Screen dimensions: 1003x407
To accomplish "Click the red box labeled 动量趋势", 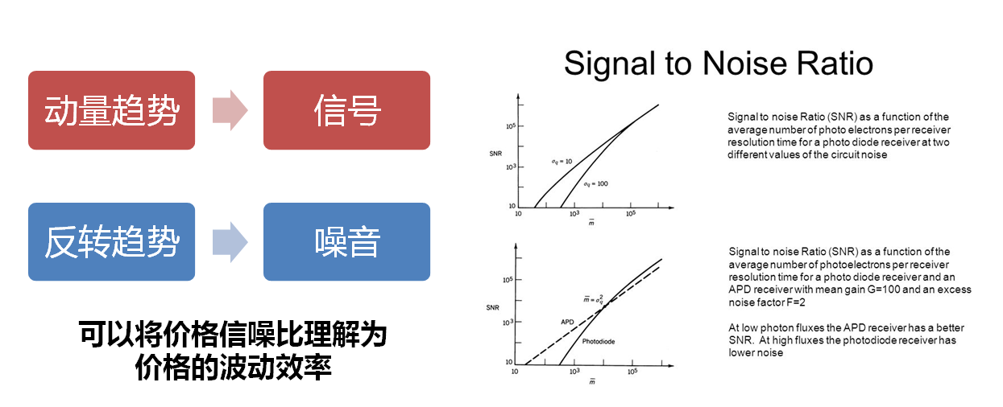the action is pyautogui.click(x=111, y=110).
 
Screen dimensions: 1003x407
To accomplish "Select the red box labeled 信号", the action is pyautogui.click(x=346, y=110).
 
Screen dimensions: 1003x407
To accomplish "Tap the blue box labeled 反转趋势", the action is pyautogui.click(x=111, y=241).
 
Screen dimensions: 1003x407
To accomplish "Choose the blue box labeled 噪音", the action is pyautogui.click(x=346, y=241).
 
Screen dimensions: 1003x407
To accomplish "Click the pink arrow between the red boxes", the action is pyautogui.click(x=230, y=110).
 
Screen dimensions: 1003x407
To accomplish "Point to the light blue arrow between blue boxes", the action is pyautogui.click(x=230, y=242).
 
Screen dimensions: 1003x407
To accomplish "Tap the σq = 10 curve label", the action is pyautogui.click(x=562, y=162).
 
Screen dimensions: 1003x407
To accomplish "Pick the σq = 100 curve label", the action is pyautogui.click(x=595, y=184).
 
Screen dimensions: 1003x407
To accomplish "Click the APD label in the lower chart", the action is pyautogui.click(x=567, y=322).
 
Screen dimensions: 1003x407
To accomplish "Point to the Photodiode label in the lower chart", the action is pyautogui.click(x=599, y=341).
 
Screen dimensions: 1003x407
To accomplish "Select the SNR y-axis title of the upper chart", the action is pyautogui.click(x=495, y=154).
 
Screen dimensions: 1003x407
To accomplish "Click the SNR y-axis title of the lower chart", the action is pyautogui.click(x=492, y=308).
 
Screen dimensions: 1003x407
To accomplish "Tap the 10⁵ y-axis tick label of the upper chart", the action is pyautogui.click(x=511, y=126).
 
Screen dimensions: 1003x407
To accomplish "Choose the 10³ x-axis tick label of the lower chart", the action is pyautogui.click(x=574, y=372).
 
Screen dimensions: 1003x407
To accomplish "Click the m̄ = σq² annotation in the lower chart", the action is pyautogui.click(x=593, y=298).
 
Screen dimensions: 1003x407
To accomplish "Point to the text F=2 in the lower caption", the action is pyautogui.click(x=796, y=302).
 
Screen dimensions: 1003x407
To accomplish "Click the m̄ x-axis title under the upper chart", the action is pyautogui.click(x=591, y=223).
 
